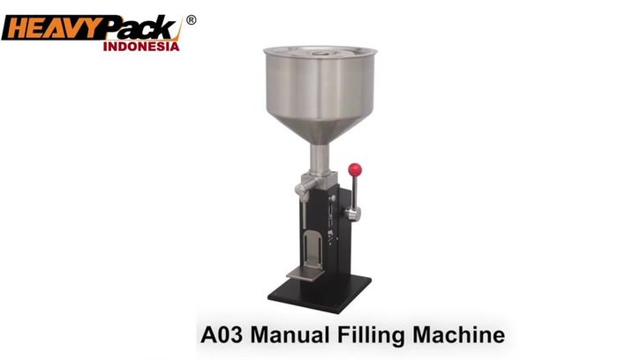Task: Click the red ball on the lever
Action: [355, 169]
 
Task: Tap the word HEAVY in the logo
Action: [51, 28]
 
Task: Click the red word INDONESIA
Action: [141, 46]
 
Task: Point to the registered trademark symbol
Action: [191, 20]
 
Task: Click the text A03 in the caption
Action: [221, 335]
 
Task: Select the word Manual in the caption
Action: [290, 335]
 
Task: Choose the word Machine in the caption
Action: [458, 335]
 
